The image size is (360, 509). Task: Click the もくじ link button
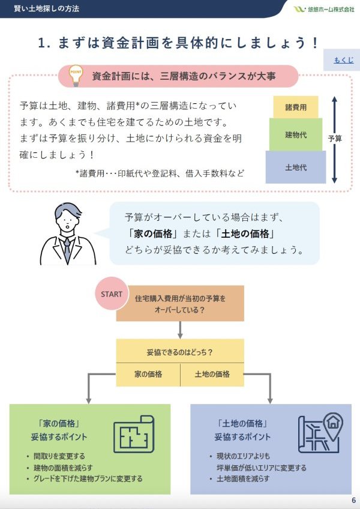point(343,60)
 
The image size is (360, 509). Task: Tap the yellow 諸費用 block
point(296,107)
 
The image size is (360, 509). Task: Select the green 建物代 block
point(296,134)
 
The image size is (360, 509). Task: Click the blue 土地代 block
point(296,167)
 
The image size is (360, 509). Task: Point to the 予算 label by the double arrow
point(335,139)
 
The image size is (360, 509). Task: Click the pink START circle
point(112,294)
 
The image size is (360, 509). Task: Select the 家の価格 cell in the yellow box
point(148,374)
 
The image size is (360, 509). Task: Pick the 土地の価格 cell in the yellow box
point(212,374)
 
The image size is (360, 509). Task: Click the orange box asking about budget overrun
point(180,303)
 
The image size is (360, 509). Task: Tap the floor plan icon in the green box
point(134,434)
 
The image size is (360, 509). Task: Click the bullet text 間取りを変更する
point(59,456)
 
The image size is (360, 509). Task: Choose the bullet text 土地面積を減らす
point(243,478)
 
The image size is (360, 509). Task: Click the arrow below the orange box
point(180,330)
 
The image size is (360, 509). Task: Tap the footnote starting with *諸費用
point(160,173)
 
